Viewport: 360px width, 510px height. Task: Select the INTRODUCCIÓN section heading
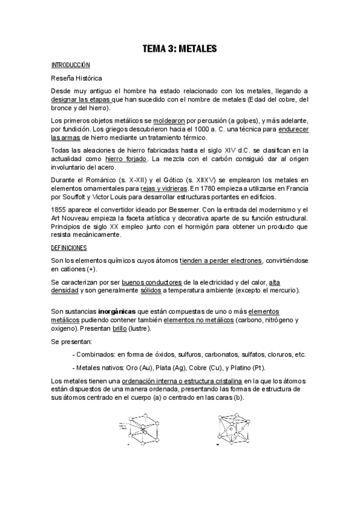coord(70,64)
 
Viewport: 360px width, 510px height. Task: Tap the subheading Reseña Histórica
coord(76,78)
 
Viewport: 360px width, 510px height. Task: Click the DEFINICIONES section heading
coord(69,247)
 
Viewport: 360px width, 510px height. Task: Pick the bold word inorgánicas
coord(114,312)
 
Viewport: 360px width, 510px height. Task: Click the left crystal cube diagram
coord(143,429)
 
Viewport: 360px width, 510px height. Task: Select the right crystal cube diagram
coord(233,428)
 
